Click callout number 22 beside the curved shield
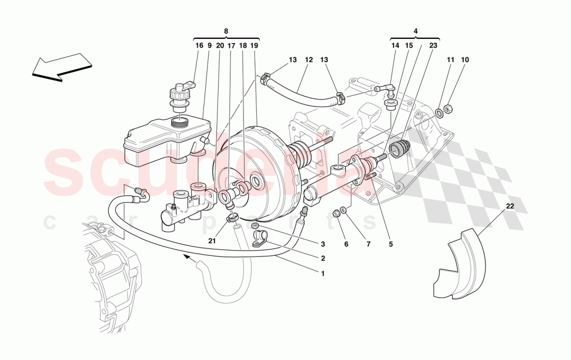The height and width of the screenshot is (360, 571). click(510, 206)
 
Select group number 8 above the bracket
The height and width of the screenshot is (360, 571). click(226, 31)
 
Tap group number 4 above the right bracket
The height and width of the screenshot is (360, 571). click(415, 31)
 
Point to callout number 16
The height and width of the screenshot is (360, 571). click(199, 46)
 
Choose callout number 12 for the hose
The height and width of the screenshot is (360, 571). click(309, 60)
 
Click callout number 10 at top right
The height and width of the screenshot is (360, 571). click(465, 60)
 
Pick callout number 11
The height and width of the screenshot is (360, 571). click(450, 60)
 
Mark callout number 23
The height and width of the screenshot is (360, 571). click(433, 46)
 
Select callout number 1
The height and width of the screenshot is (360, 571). click(322, 273)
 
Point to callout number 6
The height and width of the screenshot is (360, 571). click(346, 244)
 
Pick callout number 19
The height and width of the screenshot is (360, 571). click(254, 46)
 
